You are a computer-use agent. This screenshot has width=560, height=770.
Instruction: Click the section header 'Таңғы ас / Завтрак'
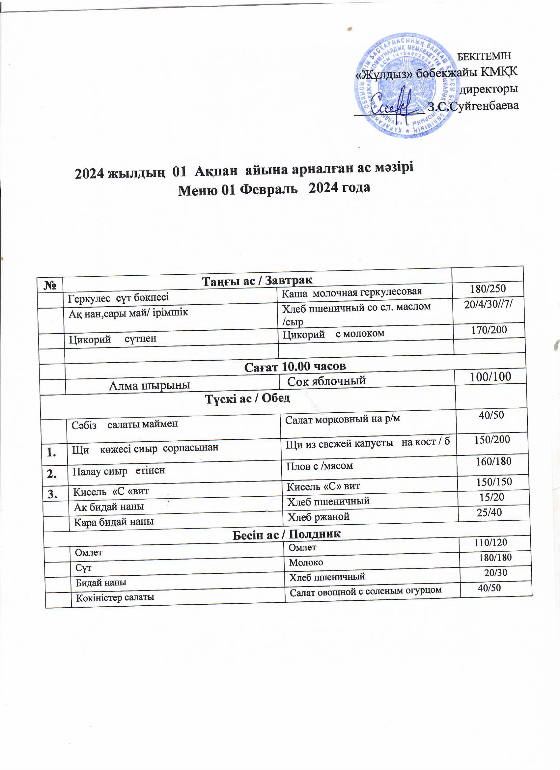coord(257,280)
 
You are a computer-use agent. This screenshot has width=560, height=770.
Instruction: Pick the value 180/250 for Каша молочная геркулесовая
coord(488,289)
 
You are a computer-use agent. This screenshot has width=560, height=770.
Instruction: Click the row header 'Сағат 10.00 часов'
coord(295,366)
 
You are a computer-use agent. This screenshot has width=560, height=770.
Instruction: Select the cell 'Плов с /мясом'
coord(319,466)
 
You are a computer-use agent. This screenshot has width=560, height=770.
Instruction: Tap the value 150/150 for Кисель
coord(494,482)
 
